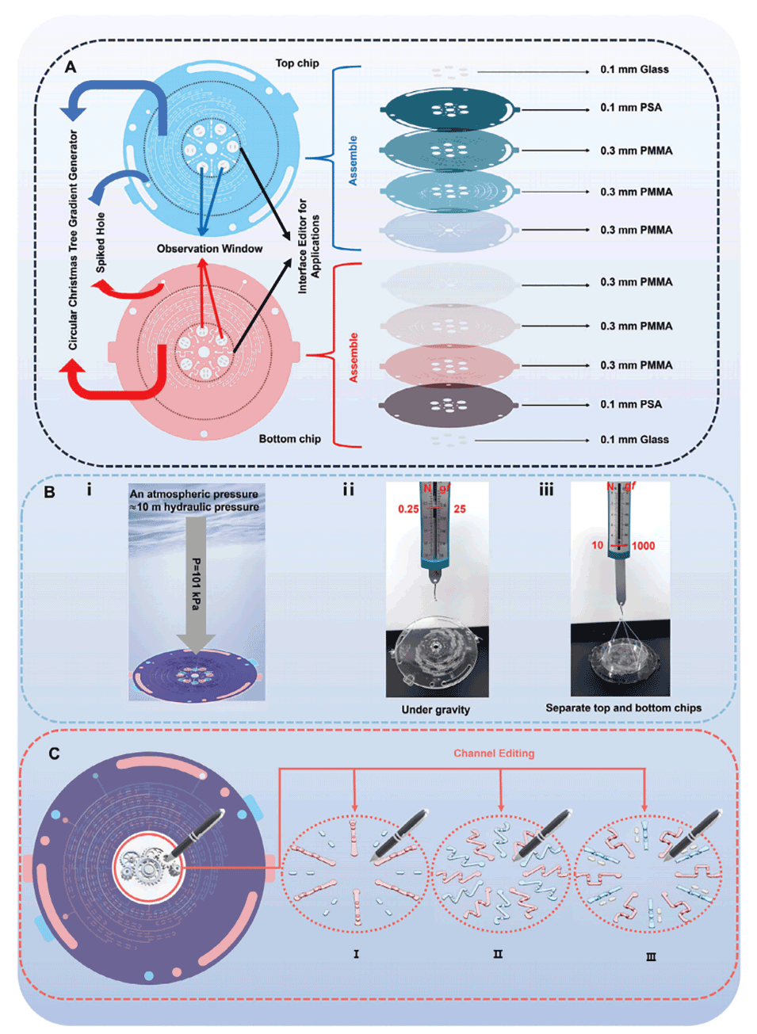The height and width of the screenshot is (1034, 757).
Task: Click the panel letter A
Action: [71, 67]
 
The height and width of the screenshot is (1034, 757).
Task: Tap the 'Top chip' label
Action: [297, 63]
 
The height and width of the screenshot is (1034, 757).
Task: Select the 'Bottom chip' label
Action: [289, 439]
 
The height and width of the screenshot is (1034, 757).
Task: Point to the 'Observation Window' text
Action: [209, 249]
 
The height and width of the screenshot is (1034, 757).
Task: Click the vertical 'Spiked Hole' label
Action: [101, 242]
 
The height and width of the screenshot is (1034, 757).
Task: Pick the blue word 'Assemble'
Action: [353, 161]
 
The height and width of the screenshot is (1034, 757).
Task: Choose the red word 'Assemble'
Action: [354, 357]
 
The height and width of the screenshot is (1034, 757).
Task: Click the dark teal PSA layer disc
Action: [448, 109]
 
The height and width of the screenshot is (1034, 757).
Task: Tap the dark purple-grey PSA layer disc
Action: [448, 405]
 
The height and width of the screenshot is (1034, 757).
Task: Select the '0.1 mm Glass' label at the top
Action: [634, 70]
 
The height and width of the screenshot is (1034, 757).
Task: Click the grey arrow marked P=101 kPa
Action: [195, 586]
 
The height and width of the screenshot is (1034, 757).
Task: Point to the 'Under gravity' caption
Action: [435, 710]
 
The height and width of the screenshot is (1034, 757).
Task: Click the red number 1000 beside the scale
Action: [643, 546]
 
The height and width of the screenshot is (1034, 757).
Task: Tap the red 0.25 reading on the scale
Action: [408, 509]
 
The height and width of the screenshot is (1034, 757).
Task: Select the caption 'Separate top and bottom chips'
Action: [623, 708]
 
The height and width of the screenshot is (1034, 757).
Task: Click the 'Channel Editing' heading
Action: [494, 754]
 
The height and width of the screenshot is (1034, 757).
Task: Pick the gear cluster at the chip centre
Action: [147, 867]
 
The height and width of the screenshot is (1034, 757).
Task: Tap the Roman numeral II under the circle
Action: [498, 954]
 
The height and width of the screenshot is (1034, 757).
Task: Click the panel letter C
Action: [54, 754]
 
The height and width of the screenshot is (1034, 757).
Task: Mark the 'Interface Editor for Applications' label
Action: [308, 246]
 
